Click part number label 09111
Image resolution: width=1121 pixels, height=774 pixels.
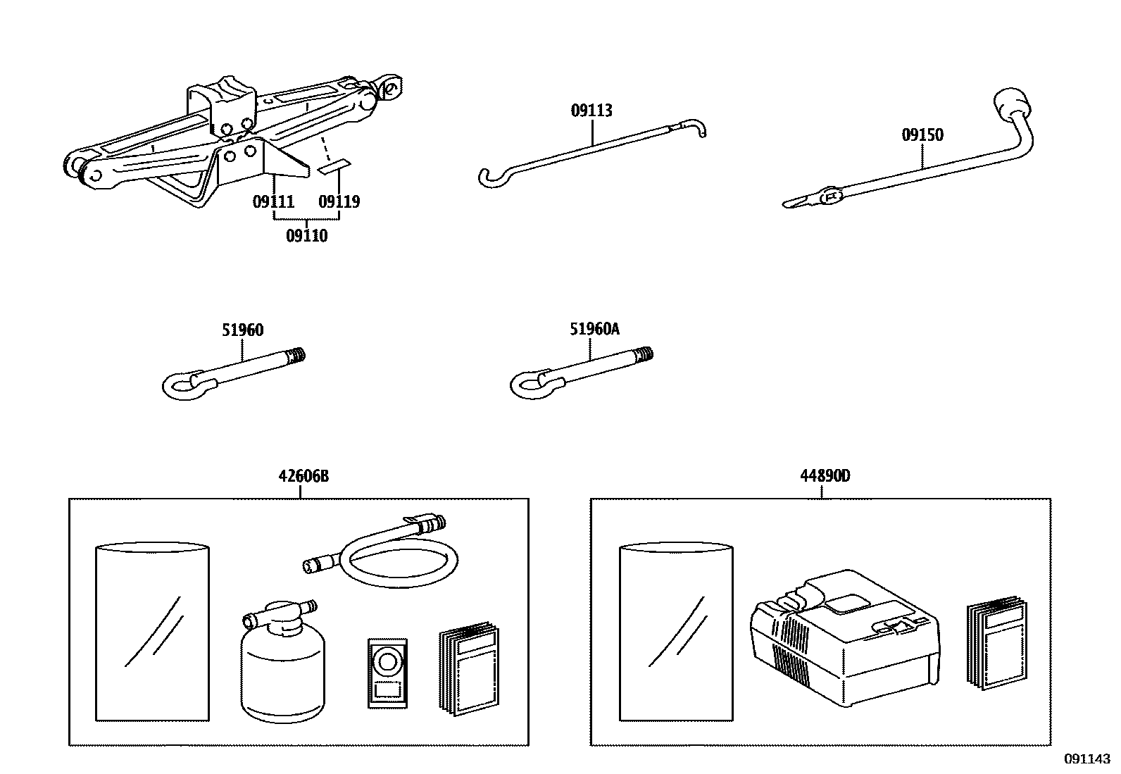pos(273,202)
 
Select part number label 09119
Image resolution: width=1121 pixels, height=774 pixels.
pos(339,202)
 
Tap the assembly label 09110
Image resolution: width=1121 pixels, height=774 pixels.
pos(306,236)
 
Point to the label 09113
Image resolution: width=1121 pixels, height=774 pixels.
pos(591,111)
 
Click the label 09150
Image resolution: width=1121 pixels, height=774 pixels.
pos(922,135)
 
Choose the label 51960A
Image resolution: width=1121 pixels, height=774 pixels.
pos(595,329)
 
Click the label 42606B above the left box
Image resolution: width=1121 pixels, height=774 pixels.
pos(303,476)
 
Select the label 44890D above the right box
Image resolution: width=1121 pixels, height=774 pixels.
pos(825,476)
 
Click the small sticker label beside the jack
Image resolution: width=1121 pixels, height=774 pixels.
pos(333,166)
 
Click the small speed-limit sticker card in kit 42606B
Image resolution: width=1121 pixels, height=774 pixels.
pos(387,672)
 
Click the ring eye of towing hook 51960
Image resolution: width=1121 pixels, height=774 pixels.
pos(185,384)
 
